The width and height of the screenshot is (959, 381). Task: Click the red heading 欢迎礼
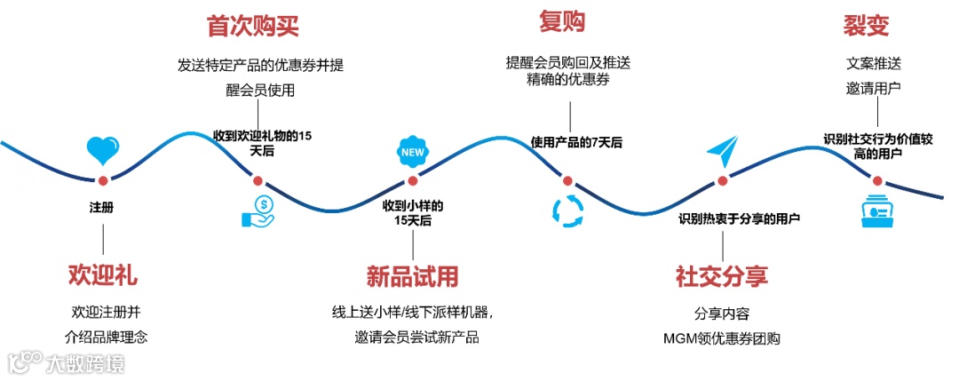[x=103, y=274]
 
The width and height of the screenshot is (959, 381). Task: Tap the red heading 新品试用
[x=413, y=276]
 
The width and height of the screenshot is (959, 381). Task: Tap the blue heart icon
[x=103, y=149]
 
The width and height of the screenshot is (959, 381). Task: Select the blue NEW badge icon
[x=412, y=150]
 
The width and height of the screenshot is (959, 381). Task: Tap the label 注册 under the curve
[x=102, y=208]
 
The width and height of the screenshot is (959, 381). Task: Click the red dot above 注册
[x=103, y=180]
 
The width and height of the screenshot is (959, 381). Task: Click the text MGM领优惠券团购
[x=721, y=339]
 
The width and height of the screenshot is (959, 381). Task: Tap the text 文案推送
[x=874, y=64]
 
